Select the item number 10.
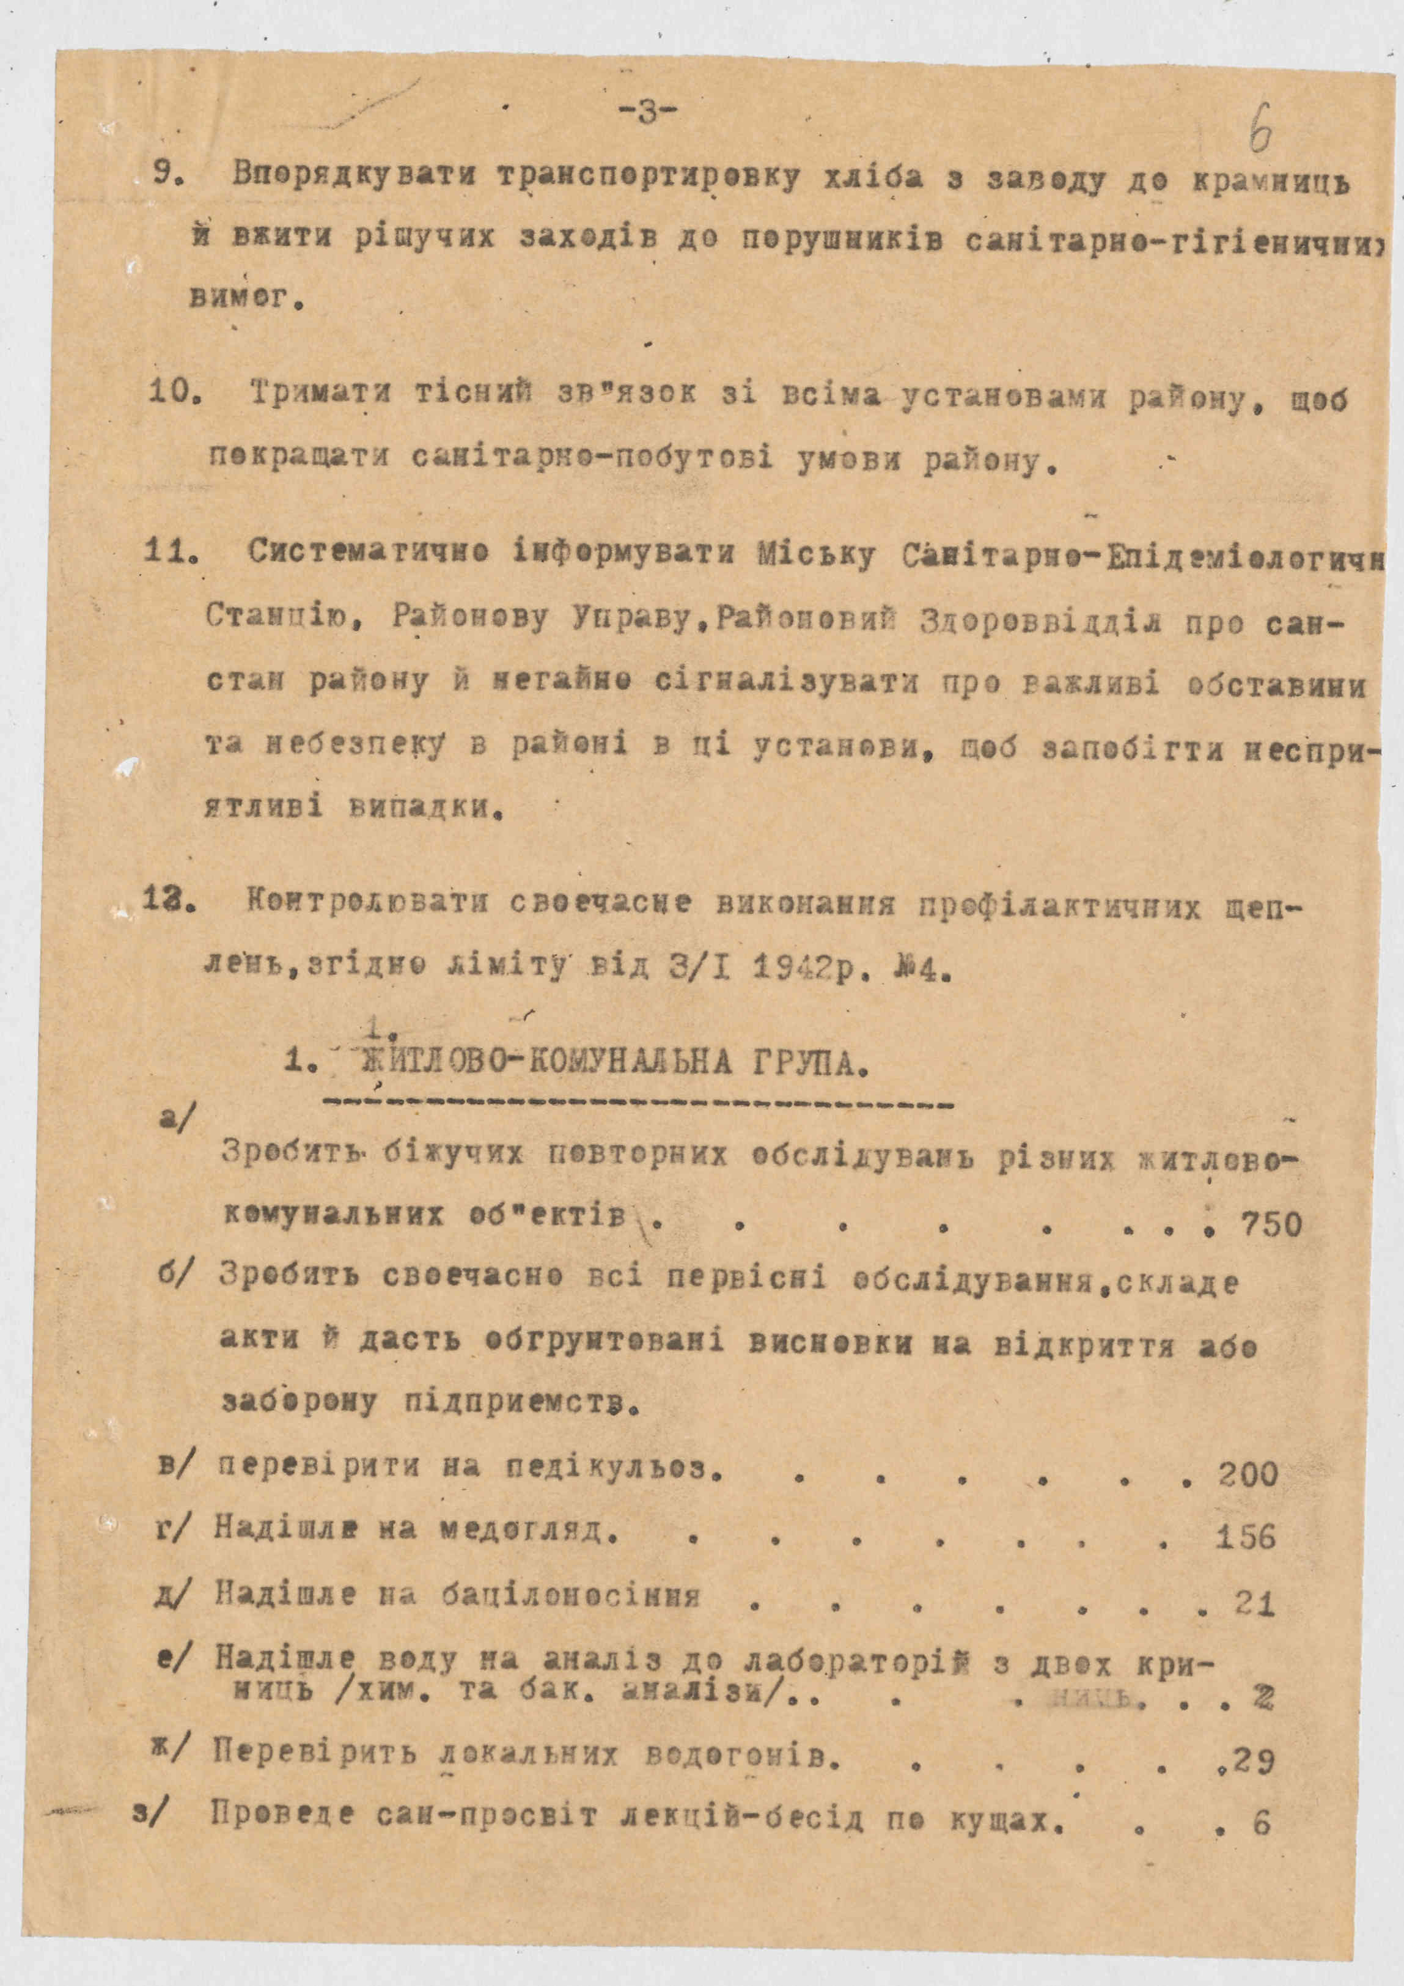pos(175,395)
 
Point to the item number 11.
pos(172,552)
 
